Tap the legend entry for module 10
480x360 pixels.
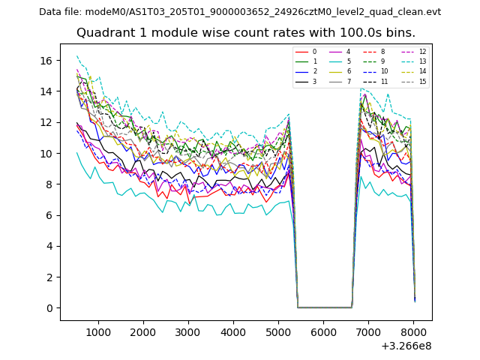point(385,71)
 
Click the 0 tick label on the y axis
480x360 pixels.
point(50,308)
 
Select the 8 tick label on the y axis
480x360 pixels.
point(50,184)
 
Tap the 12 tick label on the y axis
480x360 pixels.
point(47,122)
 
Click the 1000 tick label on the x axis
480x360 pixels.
point(98,331)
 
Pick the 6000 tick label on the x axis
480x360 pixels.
point(323,331)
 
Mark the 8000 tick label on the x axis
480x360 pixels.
point(413,331)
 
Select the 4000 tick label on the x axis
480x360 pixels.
point(233,331)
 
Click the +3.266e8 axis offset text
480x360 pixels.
point(406,346)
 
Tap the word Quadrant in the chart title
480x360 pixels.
point(105,33)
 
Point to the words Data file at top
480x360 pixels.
point(60,12)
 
